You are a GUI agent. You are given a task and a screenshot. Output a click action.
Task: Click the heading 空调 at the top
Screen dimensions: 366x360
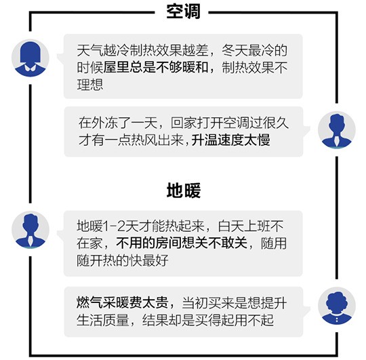183,12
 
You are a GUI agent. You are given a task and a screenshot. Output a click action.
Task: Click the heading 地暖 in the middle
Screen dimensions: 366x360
184,191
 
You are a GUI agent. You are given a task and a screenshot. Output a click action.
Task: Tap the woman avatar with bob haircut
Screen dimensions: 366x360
30,58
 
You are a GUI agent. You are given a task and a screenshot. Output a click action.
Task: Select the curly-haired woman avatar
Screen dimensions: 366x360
337,306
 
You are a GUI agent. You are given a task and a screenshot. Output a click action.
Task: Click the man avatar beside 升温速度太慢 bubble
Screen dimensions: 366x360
337,129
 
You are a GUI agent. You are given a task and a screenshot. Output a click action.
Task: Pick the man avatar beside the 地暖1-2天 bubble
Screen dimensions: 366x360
30,230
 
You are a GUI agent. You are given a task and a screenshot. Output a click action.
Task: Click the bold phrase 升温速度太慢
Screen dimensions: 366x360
230,140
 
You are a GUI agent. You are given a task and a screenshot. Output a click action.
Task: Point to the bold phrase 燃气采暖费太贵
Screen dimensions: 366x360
122,302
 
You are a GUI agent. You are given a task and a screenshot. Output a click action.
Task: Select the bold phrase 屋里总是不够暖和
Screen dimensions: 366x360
156,68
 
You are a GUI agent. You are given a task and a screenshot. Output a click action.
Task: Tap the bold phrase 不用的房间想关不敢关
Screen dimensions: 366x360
182,243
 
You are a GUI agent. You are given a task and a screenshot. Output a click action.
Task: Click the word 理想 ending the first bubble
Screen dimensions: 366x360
90,85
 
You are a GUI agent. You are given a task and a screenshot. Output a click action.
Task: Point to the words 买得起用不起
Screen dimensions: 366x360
234,320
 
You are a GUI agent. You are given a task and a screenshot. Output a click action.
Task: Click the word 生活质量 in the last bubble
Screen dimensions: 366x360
103,320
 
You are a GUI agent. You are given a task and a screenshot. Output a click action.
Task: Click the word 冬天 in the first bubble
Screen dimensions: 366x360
235,50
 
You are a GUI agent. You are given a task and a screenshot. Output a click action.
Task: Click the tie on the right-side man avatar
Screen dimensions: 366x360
336,140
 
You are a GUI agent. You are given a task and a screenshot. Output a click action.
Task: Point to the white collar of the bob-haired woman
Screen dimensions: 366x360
30,68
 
